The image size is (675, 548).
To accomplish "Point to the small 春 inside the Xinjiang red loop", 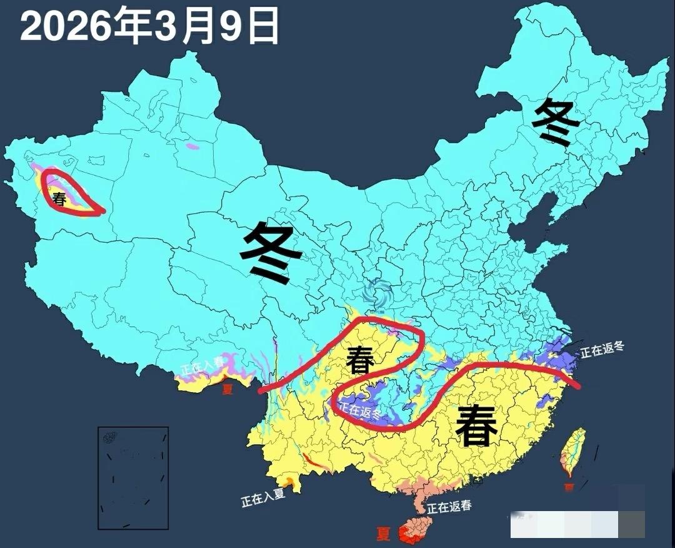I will [x=59, y=200].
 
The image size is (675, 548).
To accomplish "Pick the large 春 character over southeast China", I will [x=476, y=425].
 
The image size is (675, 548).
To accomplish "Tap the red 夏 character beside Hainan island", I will [x=384, y=534].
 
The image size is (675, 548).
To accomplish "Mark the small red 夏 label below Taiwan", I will [x=569, y=486].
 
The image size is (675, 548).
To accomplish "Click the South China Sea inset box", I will [x=133, y=477].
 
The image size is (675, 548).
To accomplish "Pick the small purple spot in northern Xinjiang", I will [x=193, y=148].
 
